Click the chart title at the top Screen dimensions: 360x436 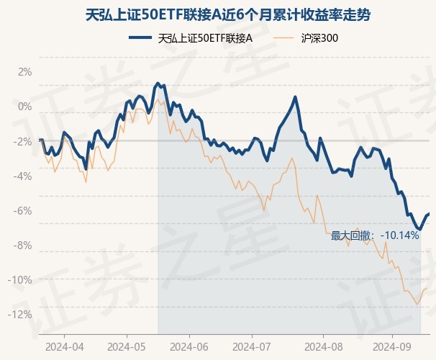coord(217,14)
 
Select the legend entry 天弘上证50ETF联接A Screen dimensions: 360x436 coord(204,39)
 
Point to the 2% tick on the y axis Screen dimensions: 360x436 coord(25,72)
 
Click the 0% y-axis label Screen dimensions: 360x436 coord(25,107)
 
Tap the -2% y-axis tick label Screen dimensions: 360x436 coord(24,141)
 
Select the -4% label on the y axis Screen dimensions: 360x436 coord(24,176)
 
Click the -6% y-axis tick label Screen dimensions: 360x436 coord(24,210)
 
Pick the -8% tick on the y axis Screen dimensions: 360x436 coord(24,245)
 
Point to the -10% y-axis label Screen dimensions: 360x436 coord(22,279)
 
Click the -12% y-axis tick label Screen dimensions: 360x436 coord(22,314)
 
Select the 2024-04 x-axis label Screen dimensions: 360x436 coord(64,346)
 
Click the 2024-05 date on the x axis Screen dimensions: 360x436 coord(127,346)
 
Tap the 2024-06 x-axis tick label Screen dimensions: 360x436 coord(189,346)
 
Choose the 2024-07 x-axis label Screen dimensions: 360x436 coord(252,346)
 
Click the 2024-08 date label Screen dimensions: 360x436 coord(323,346)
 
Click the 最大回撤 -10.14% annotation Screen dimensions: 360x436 coord(375,235)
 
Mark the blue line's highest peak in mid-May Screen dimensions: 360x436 coord(157,84)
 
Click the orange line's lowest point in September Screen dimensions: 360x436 coord(417,304)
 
